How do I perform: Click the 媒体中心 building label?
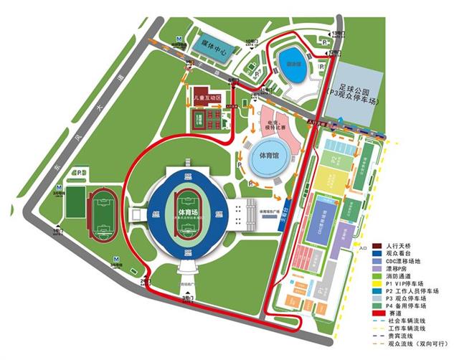(214, 52)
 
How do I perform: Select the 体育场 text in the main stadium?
(186, 212)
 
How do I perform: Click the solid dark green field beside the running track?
(74, 202)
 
